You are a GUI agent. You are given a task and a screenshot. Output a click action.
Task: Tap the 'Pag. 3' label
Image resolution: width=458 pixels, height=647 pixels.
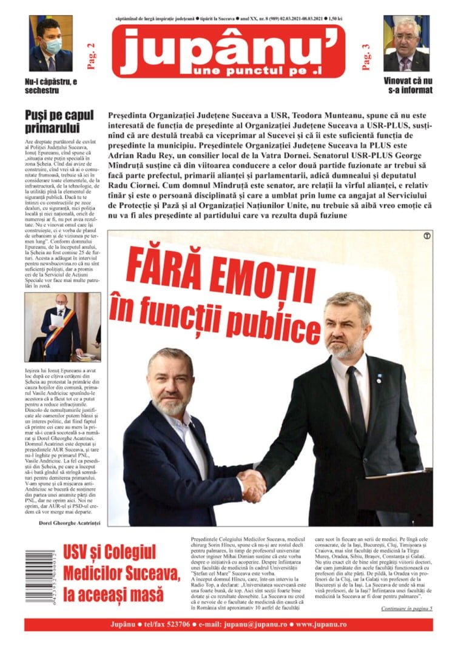(366, 57)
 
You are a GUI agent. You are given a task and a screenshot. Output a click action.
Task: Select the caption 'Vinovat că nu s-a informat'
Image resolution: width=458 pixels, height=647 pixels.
(408, 85)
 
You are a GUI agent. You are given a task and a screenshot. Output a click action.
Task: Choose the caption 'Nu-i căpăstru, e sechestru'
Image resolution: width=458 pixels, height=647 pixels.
(50, 85)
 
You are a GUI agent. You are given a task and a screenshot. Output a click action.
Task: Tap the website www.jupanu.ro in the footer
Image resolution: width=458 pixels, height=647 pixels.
(322, 624)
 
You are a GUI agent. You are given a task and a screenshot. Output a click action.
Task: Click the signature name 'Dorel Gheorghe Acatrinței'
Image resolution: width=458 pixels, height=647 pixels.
(63, 522)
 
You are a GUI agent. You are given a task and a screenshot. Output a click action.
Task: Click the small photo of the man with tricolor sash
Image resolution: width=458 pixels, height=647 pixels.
(62, 327)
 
